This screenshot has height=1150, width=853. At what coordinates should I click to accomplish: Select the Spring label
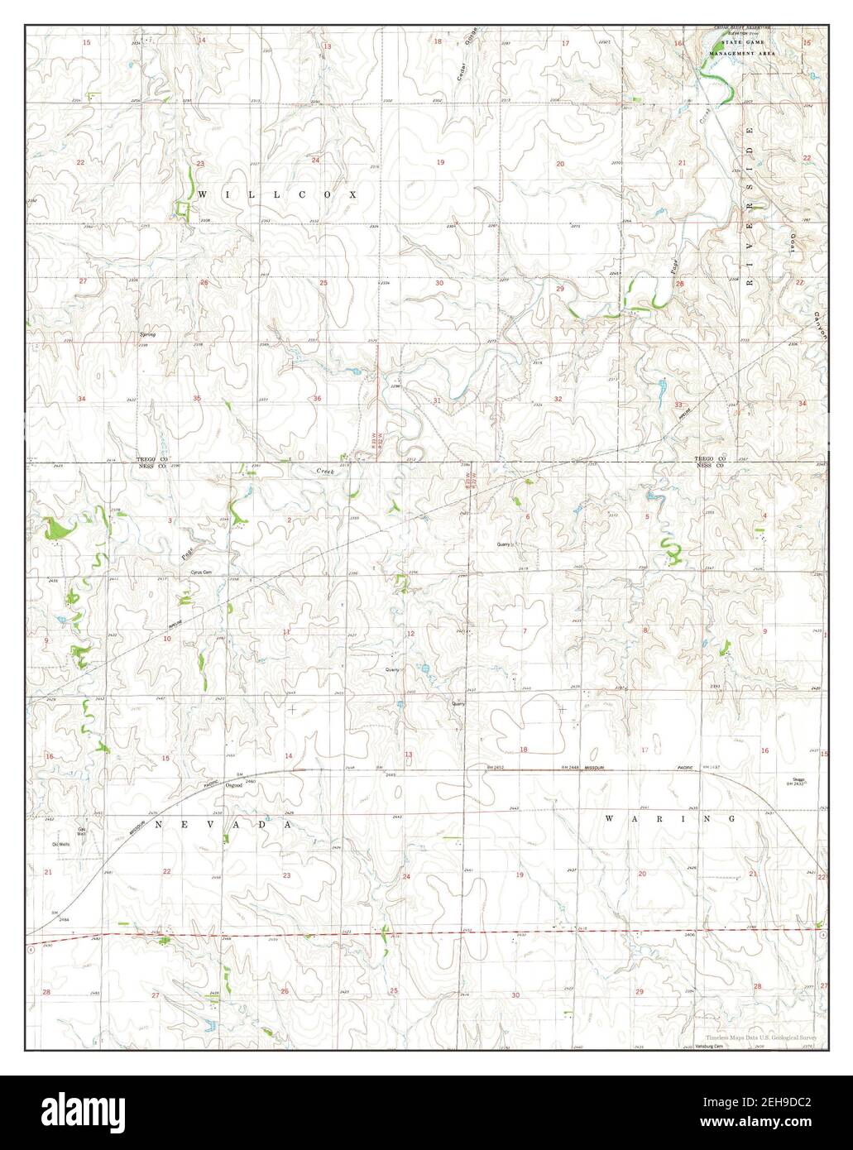(x=147, y=334)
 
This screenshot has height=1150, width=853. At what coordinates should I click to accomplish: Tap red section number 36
(x=318, y=399)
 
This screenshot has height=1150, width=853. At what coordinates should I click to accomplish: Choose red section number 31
(x=437, y=400)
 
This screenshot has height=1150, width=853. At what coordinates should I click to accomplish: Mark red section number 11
(x=287, y=632)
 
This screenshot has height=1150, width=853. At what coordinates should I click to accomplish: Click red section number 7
(x=525, y=631)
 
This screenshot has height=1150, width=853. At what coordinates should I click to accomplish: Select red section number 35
(x=197, y=399)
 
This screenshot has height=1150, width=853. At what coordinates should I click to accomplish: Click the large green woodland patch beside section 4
(x=58, y=529)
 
